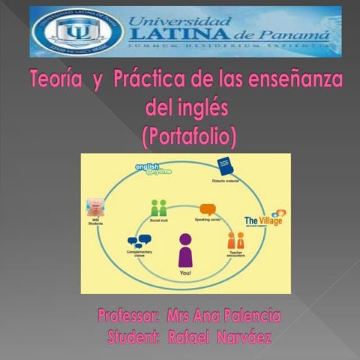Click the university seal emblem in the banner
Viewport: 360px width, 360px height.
(73, 31)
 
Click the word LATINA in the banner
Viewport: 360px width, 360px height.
(175, 34)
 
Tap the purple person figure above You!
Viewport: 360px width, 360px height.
(184, 249)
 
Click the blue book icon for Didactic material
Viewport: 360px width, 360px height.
(225, 166)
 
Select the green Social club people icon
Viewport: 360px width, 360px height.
(158, 208)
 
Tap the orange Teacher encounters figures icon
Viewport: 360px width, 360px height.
(235, 241)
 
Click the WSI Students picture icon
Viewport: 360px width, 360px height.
(95, 207)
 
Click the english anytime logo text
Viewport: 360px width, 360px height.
(153, 169)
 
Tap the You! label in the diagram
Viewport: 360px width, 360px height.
(185, 274)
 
